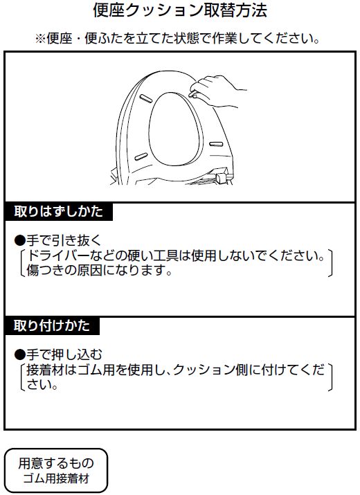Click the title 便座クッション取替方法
click(x=180, y=10)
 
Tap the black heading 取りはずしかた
click(x=59, y=212)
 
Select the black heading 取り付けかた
click(x=52, y=325)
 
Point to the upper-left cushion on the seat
click(x=145, y=98)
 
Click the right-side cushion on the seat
click(x=216, y=144)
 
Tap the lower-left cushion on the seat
click(x=141, y=156)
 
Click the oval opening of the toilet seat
click(x=175, y=129)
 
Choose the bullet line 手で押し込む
click(x=58, y=355)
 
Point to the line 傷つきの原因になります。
click(x=99, y=270)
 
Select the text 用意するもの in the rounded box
click(x=56, y=463)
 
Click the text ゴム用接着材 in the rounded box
click(x=56, y=478)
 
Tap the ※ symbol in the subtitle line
click(x=40, y=39)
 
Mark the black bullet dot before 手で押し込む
click(x=19, y=355)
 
